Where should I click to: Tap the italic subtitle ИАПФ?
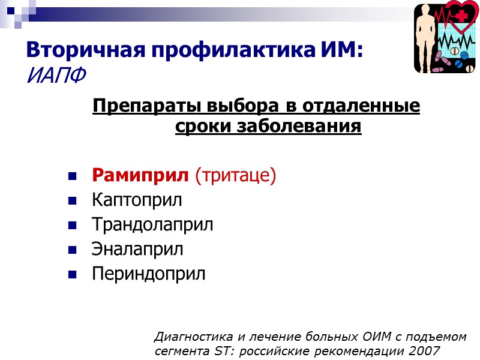56,75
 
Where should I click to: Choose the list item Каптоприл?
137,200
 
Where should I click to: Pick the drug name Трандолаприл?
152,224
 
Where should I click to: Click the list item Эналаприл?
137,248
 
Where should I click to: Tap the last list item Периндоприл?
148,274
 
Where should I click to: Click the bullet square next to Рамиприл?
73,177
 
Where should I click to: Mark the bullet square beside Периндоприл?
73,275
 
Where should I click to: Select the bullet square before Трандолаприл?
73,226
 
